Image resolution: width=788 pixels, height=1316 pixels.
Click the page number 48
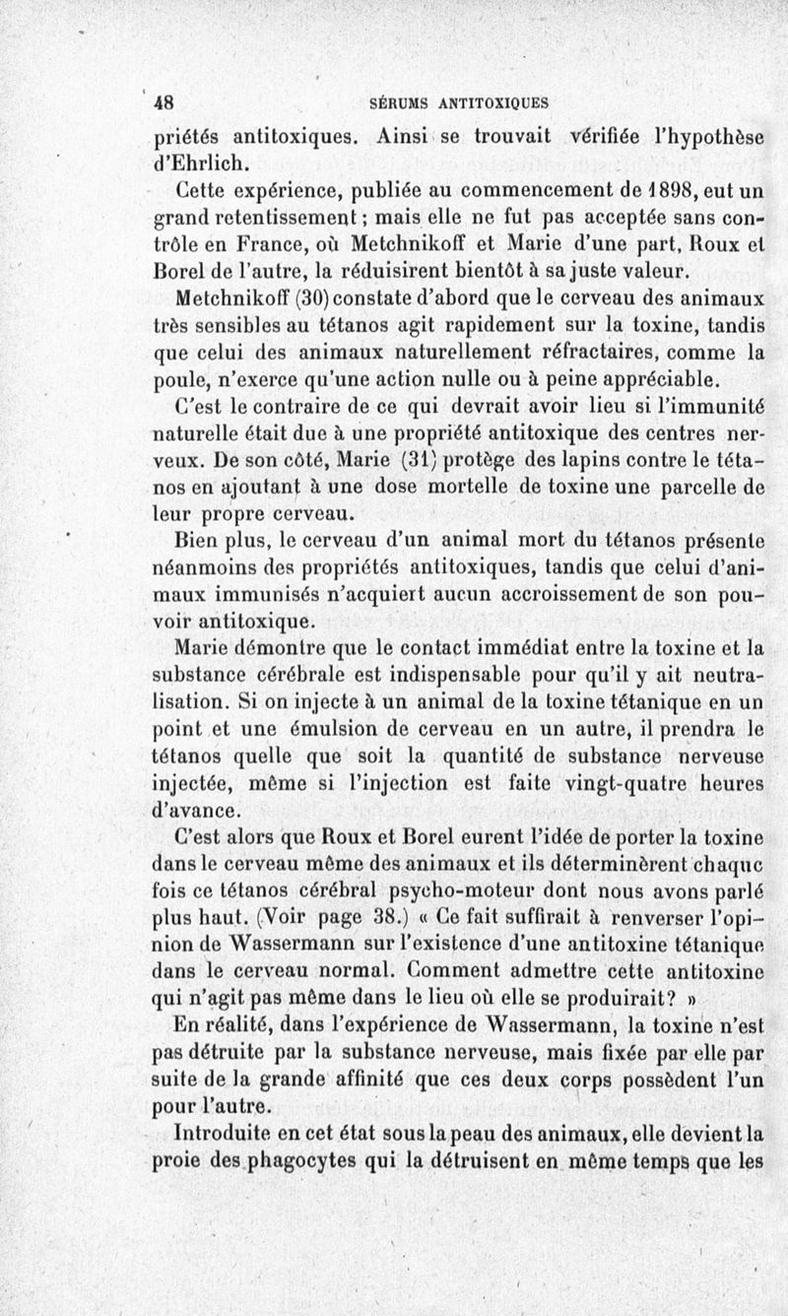click(164, 101)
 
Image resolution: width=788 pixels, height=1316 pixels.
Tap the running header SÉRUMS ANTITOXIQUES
click(458, 101)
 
